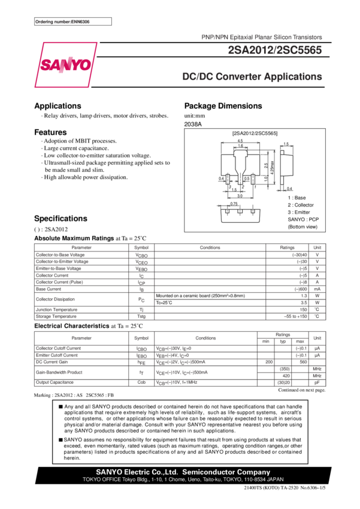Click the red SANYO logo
(66, 64)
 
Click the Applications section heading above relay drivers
(58, 106)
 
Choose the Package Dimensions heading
(223, 106)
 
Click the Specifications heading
(60, 219)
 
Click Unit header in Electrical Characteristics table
(317, 338)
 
